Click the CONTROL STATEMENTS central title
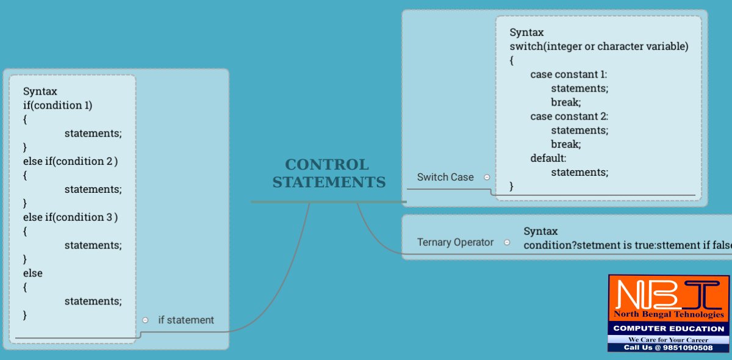click(329, 173)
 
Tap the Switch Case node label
click(445, 177)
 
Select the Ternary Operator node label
click(455, 242)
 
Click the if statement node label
click(186, 320)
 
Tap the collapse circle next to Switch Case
click(487, 177)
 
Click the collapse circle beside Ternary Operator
click(507, 242)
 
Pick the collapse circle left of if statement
click(145, 320)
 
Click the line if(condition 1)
click(57, 105)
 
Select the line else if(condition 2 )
click(70, 161)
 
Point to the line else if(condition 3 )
click(70, 217)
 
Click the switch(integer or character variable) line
click(599, 46)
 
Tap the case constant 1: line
click(569, 74)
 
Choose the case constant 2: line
click(569, 116)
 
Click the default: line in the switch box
click(548, 158)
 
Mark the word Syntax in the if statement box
click(40, 92)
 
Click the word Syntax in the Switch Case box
click(526, 32)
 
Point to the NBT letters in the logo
click(669, 293)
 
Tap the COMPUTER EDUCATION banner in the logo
click(669, 329)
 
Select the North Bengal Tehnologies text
click(669, 315)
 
